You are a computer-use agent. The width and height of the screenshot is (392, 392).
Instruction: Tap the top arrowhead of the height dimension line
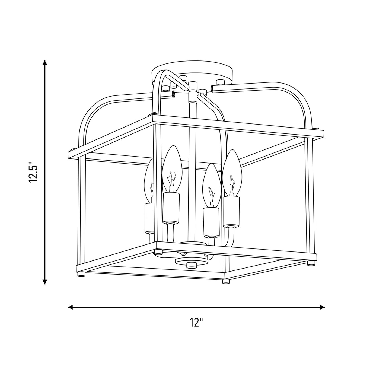[x=45, y=62]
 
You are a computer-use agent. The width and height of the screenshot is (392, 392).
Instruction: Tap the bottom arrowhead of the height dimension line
[x=45, y=282]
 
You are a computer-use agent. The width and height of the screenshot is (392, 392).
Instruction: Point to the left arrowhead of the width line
[x=71, y=307]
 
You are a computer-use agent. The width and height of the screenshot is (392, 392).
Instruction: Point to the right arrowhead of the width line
[x=322, y=307]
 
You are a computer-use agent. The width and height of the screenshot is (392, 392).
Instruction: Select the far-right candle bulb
[x=231, y=173]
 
